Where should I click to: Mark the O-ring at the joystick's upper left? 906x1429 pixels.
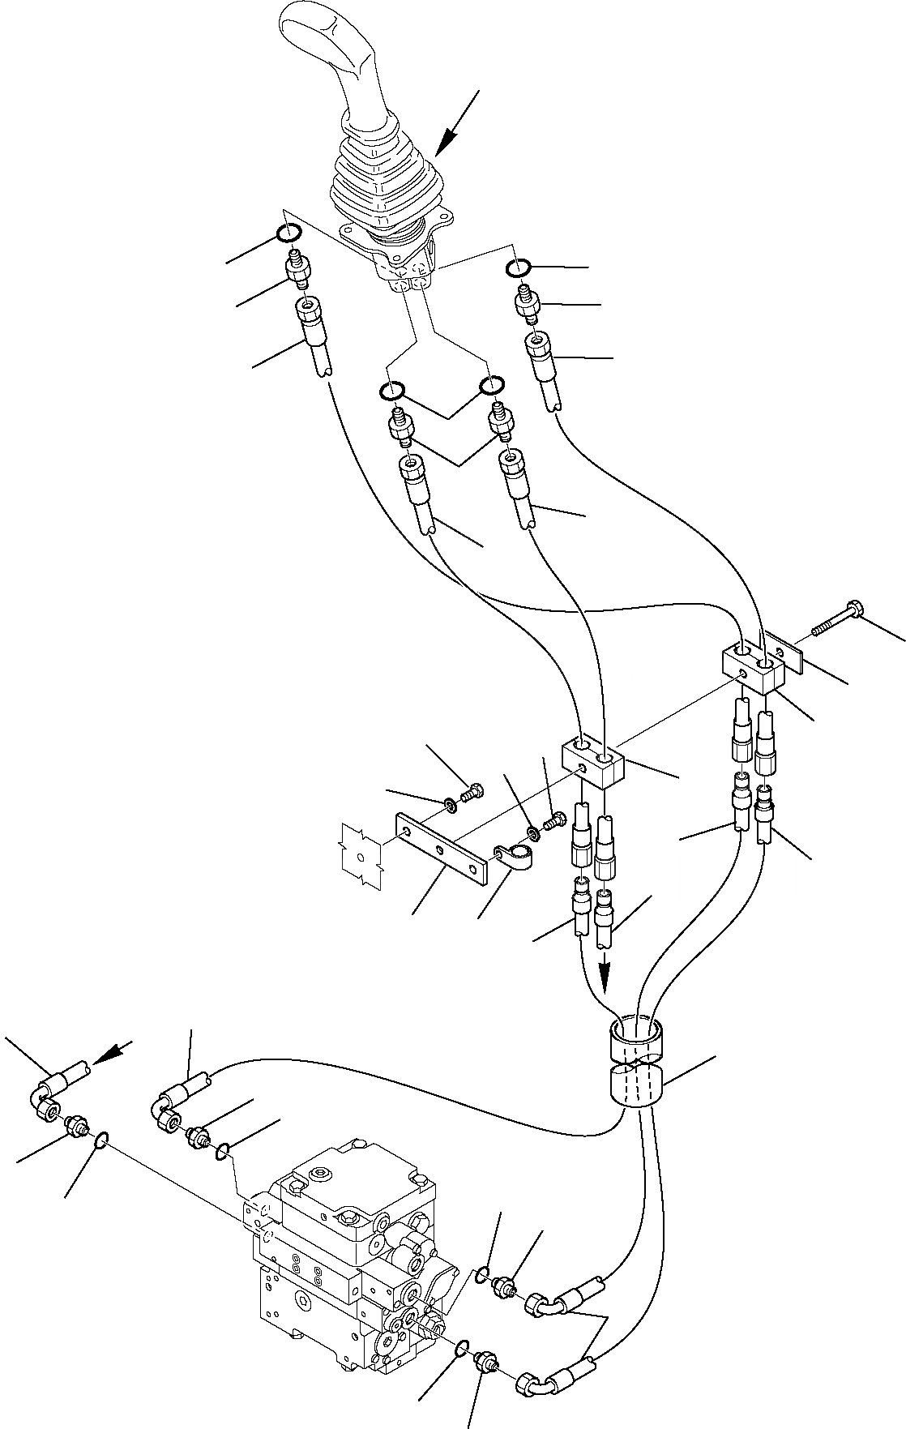click(x=289, y=233)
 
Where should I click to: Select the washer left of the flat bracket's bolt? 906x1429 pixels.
click(x=447, y=804)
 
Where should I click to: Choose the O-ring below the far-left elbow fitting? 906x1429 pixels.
click(x=99, y=1141)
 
